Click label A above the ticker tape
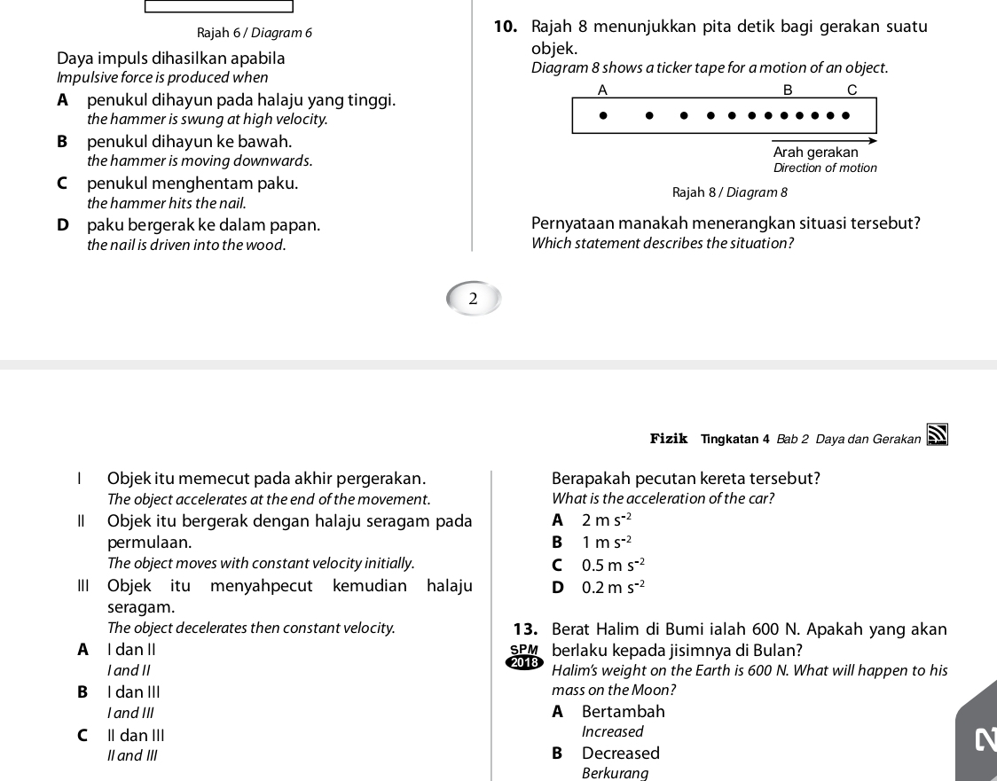coord(602,90)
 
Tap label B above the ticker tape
coord(786,90)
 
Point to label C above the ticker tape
coord(852,90)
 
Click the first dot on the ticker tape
coord(603,114)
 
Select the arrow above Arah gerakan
coord(824,140)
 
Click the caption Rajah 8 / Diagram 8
coord(730,192)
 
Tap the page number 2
coord(473,299)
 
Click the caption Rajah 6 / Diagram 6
coord(255,33)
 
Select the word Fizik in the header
coord(669,438)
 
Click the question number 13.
coord(525,630)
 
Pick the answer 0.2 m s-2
coord(612,587)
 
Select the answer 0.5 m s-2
coord(612,565)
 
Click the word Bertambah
coord(623,711)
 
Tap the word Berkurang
coord(615,773)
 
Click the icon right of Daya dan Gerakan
coord(937,437)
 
